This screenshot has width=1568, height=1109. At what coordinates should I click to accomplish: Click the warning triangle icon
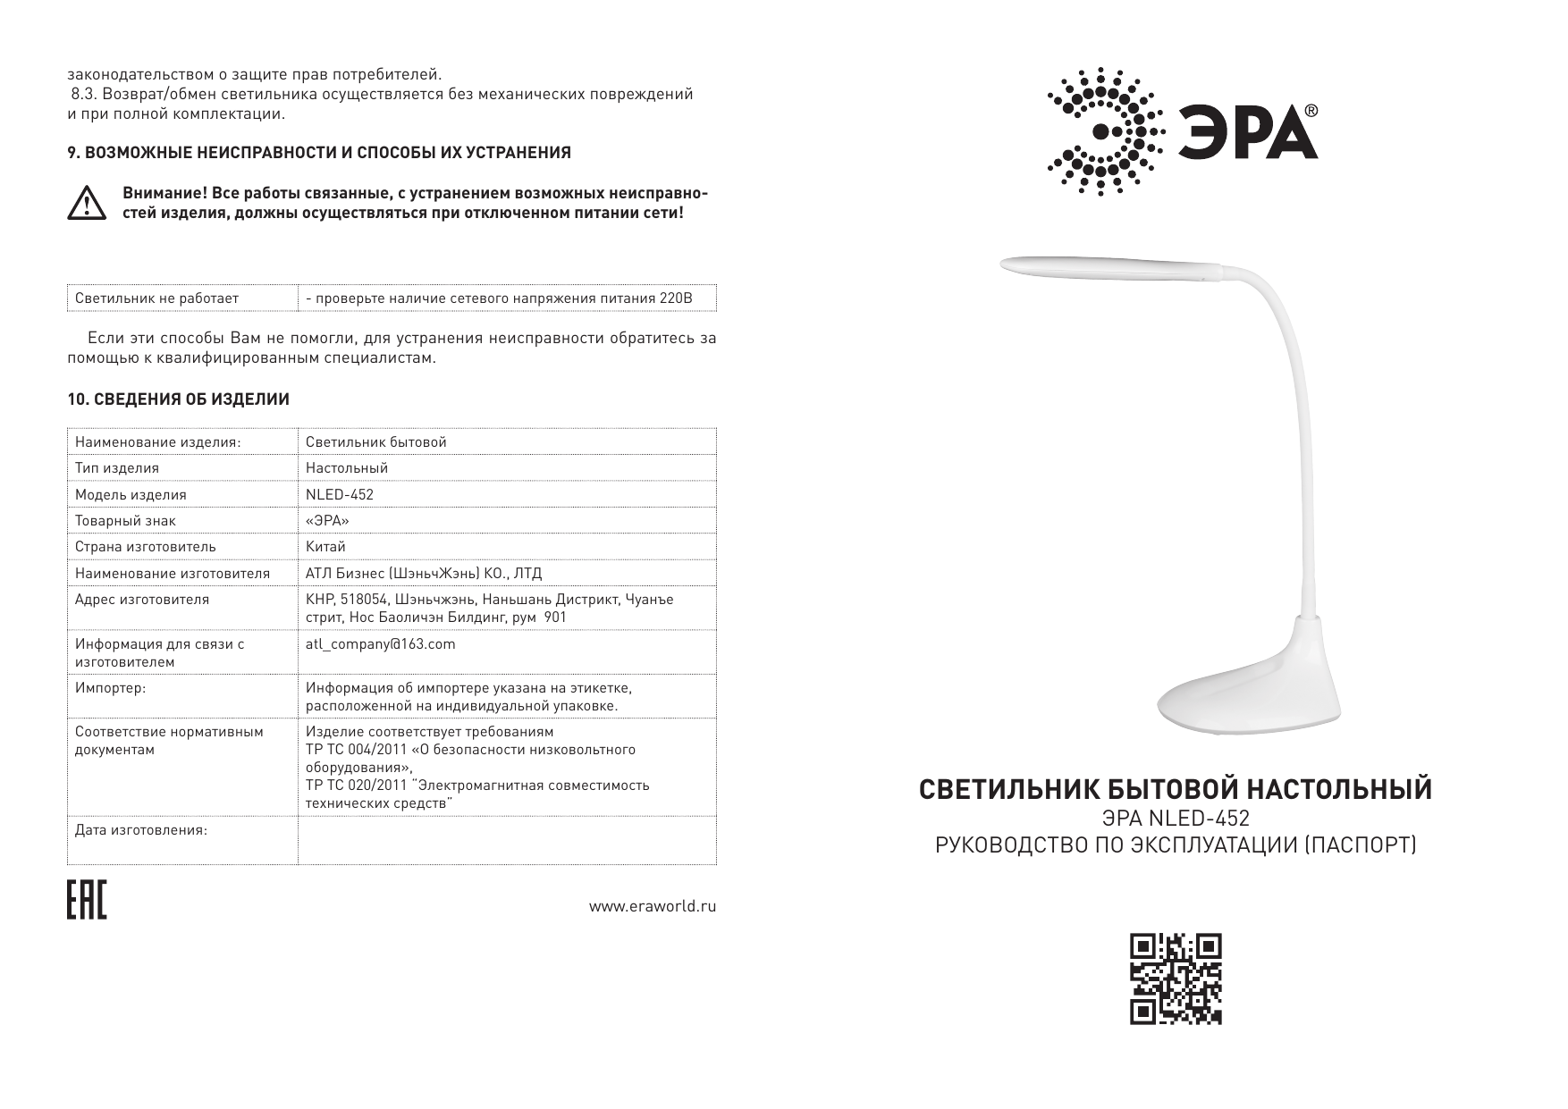[x=87, y=205]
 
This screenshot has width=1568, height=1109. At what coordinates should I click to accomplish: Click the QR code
[x=1176, y=979]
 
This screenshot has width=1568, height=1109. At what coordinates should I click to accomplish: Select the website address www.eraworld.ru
[x=652, y=906]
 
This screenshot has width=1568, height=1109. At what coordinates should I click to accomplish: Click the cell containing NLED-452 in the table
[x=340, y=494]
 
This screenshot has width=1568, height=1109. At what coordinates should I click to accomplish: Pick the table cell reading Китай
[x=325, y=546]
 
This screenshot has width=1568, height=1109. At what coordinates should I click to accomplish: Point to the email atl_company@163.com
[x=380, y=643]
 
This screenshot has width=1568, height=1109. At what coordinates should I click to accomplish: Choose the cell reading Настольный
[x=347, y=467]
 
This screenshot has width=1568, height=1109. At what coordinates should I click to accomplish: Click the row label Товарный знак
[x=125, y=520]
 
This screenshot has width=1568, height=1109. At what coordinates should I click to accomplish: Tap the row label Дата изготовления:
[x=141, y=830]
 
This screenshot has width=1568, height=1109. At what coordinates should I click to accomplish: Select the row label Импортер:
[x=110, y=688]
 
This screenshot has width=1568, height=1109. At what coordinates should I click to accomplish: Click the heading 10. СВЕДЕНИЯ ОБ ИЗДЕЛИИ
[x=179, y=399]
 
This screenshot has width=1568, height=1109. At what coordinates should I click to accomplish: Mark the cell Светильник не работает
[x=156, y=298]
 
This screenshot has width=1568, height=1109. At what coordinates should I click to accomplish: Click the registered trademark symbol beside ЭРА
[x=1311, y=111]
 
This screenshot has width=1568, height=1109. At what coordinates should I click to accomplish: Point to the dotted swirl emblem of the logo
[x=1105, y=131]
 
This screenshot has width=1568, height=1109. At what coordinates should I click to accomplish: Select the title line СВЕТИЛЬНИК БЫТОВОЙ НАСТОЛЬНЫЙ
[x=1176, y=790]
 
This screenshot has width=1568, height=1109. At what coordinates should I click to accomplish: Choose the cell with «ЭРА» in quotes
[x=327, y=520]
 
